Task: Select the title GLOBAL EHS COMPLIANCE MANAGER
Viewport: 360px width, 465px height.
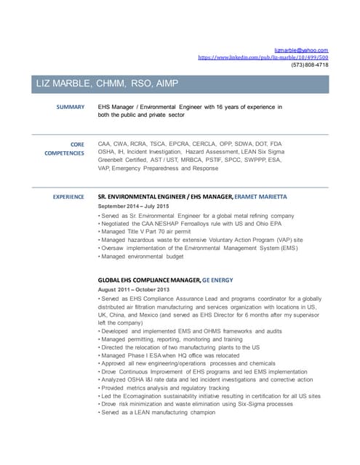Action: (x=148, y=280)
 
